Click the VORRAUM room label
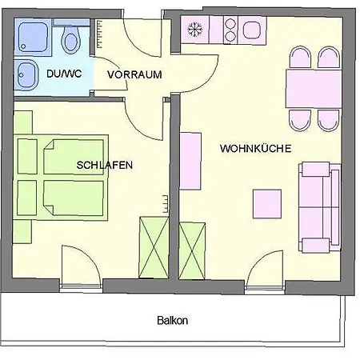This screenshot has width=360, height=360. point(134,74)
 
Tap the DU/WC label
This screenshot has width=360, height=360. point(64,74)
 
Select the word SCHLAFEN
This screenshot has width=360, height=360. point(105,165)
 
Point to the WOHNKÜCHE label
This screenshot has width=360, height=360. point(255,148)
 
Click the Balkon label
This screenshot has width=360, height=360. point(172,320)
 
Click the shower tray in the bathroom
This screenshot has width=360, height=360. point(33,37)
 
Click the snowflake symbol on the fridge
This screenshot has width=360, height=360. point(195,29)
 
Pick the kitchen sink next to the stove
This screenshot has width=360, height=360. point(252,30)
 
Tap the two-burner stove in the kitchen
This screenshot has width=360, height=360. point(230,30)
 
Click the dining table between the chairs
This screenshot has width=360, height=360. point(314,89)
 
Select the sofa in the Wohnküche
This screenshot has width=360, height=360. point(320,207)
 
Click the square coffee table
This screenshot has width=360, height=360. point(267,204)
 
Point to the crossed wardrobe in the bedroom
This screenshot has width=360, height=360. point(154,248)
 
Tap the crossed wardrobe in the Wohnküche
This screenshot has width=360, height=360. point(192,251)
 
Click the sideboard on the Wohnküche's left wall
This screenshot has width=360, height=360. point(190,161)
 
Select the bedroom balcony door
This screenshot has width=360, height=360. point(82,266)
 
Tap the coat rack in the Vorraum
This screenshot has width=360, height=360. point(99,34)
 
